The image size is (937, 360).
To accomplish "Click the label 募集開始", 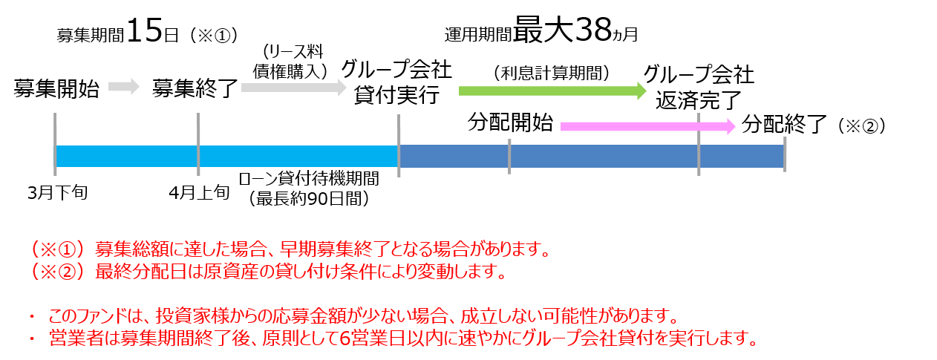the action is pyautogui.click(x=56, y=88).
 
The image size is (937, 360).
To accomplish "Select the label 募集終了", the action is pyautogui.click(x=195, y=88).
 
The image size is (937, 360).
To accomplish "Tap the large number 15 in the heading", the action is pyautogui.click(x=144, y=30).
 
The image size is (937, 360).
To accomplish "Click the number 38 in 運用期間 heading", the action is pyautogui.click(x=593, y=30).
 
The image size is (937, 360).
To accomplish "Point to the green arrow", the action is pyautogui.click(x=552, y=91).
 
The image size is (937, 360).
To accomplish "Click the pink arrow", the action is pyautogui.click(x=647, y=126).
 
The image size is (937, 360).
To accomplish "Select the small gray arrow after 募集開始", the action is pyautogui.click(x=124, y=87).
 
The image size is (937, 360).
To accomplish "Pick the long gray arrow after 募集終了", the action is pyautogui.click(x=294, y=88).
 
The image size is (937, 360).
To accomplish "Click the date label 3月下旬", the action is pyautogui.click(x=58, y=193).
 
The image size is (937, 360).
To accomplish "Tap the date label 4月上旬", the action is pyautogui.click(x=199, y=193).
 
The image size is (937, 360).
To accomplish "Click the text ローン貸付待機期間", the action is pyautogui.click(x=309, y=179).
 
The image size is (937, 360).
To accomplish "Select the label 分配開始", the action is pyautogui.click(x=510, y=122).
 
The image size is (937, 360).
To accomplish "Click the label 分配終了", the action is pyautogui.click(x=784, y=124).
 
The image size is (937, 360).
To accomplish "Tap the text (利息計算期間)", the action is pyautogui.click(x=552, y=73).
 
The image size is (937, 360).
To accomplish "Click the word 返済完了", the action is pyautogui.click(x=699, y=100).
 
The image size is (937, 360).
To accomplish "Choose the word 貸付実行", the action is pyautogui.click(x=396, y=95).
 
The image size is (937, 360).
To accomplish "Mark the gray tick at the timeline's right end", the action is pyautogui.click(x=785, y=154).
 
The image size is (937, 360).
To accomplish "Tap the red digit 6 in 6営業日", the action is pyautogui.click(x=345, y=338).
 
